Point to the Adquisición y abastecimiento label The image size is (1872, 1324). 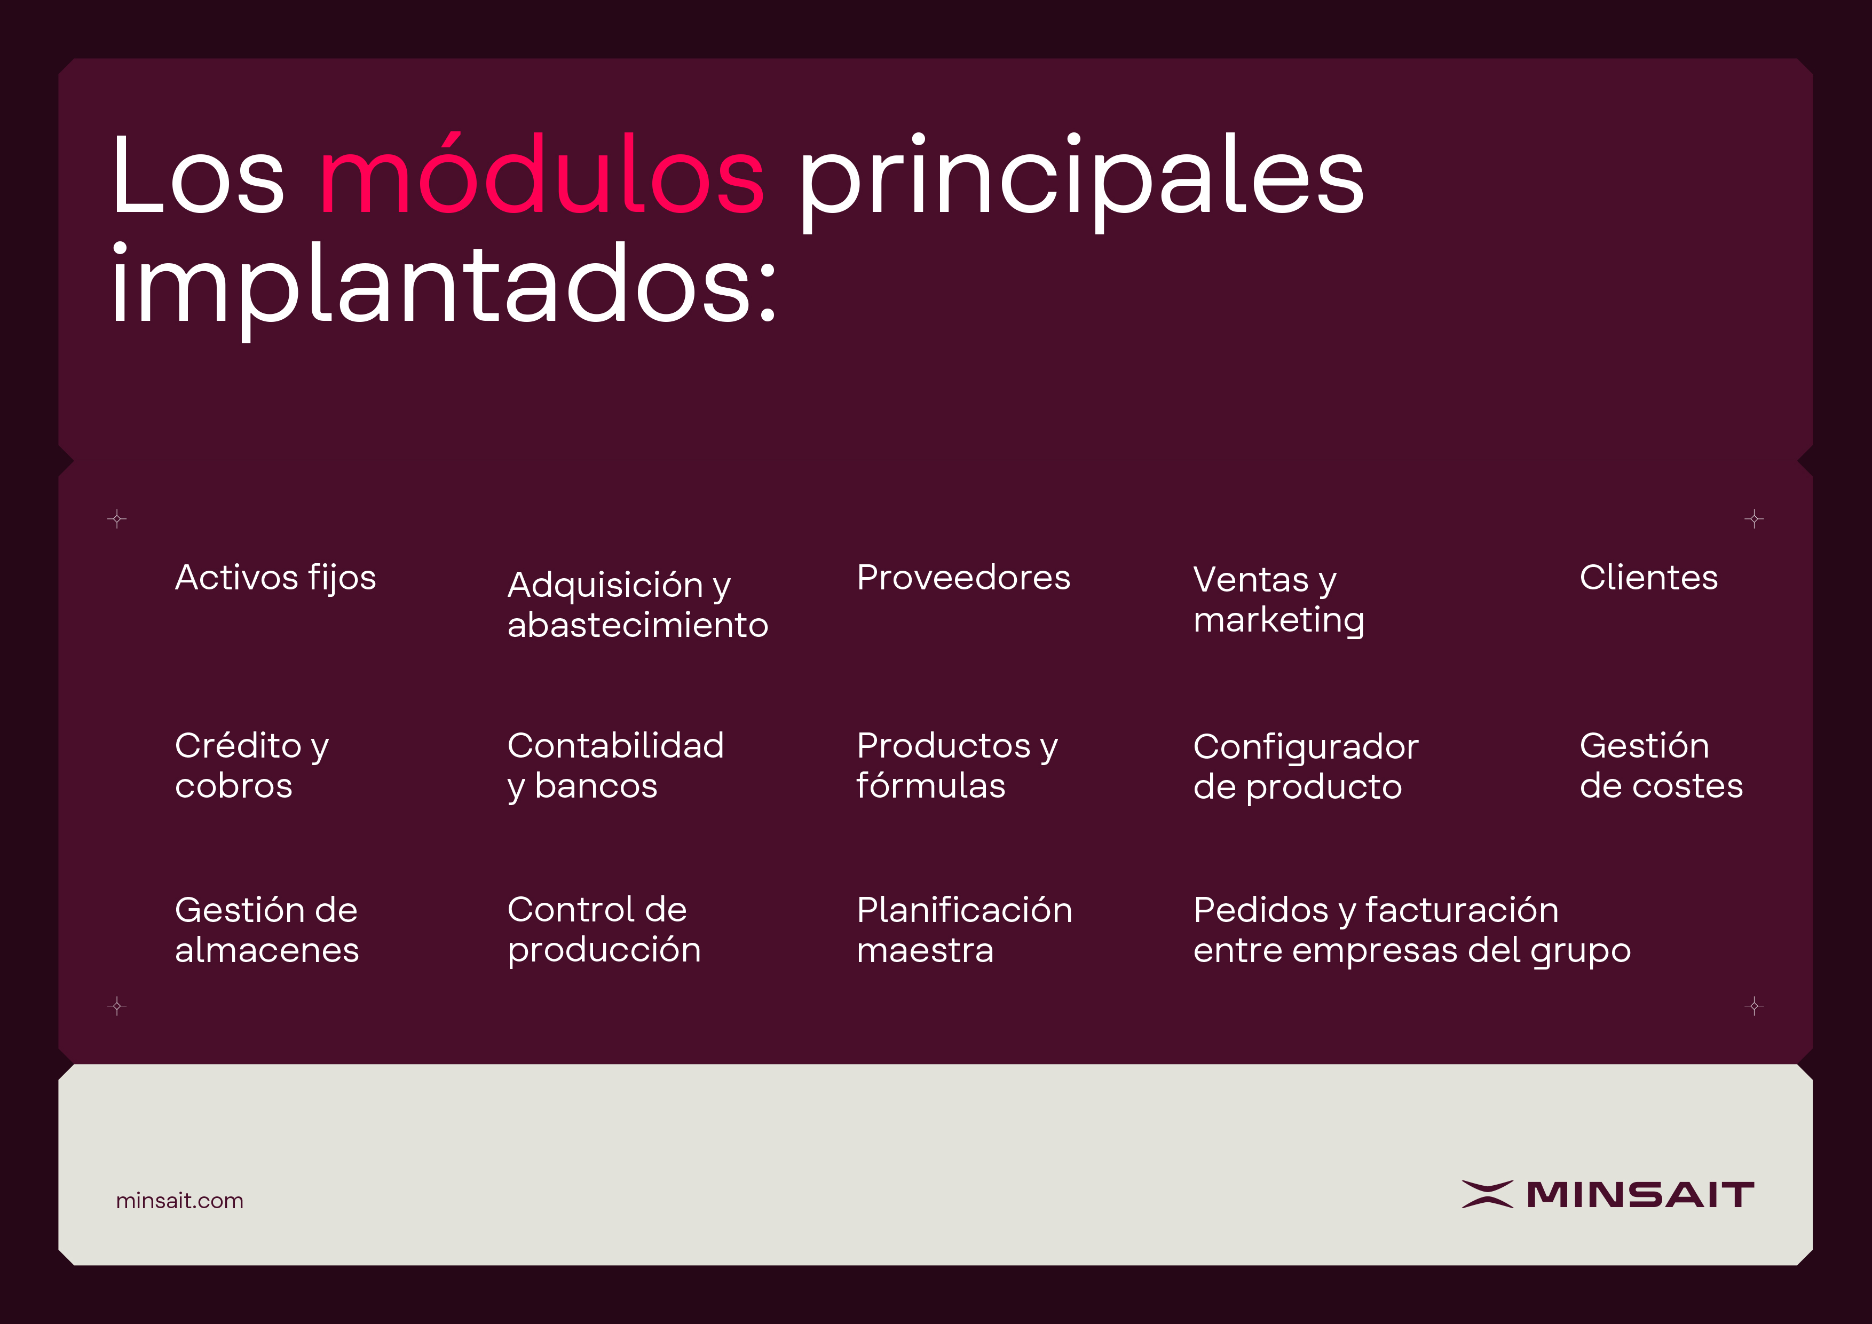coord(637,604)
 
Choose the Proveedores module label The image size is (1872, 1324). coord(963,577)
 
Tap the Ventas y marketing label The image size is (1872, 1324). coord(1278,600)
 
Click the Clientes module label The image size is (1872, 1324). coord(1648,577)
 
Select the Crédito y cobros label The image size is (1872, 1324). coord(252,766)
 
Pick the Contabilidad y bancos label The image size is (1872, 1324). coord(615,766)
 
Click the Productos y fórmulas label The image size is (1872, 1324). coord(957,766)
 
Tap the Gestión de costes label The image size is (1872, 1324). coord(1661,766)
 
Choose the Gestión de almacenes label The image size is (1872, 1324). coord(266,930)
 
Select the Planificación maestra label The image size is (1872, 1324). coord(965,930)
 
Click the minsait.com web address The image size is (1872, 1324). coord(179,1200)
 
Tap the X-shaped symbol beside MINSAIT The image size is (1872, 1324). coord(1487,1194)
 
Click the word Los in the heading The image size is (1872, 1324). coord(198,175)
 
